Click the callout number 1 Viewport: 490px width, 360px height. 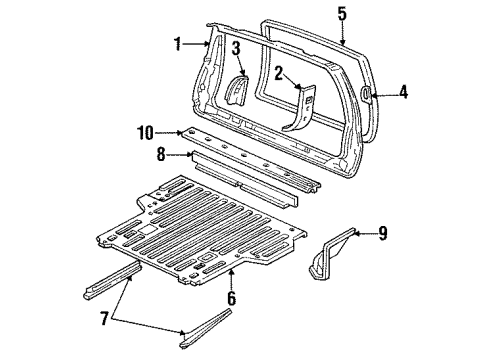(x=176, y=44)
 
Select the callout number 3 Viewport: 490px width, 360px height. (x=236, y=47)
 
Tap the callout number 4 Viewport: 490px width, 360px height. (x=403, y=92)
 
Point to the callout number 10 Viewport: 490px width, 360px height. (x=146, y=131)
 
